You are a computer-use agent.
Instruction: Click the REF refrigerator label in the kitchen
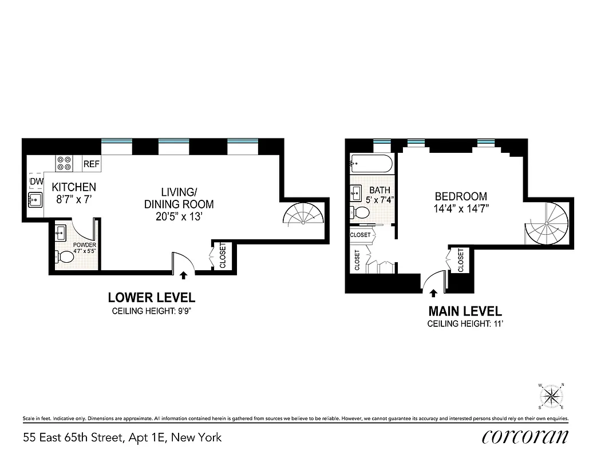[92, 164]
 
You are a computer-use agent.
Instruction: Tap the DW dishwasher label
[37, 182]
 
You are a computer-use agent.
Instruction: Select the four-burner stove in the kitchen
[64, 164]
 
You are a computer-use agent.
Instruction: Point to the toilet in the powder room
[66, 258]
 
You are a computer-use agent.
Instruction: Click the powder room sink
[61, 233]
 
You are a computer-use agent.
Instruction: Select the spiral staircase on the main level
[548, 224]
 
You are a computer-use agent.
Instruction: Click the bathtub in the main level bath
[372, 164]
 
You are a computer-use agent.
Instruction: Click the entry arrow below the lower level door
[183, 275]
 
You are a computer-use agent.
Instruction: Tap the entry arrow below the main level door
[433, 293]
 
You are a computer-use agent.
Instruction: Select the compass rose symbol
[552, 395]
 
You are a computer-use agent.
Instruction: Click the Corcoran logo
[525, 437]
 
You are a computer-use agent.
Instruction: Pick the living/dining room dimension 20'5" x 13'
[179, 217]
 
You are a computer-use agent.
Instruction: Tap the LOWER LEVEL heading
[152, 298]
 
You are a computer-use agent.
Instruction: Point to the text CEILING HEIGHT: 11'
[465, 324]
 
